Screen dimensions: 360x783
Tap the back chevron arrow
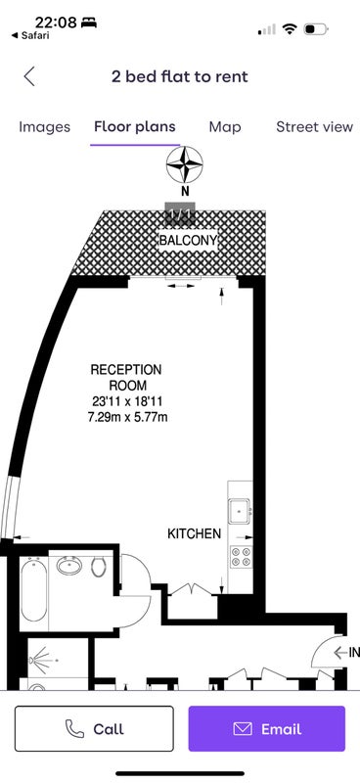click(x=29, y=77)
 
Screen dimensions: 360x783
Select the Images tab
click(x=44, y=127)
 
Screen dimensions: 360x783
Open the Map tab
click(x=225, y=127)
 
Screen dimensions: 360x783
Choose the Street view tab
click(x=315, y=127)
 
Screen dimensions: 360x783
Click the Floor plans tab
click(x=135, y=127)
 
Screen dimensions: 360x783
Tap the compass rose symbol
click(x=185, y=164)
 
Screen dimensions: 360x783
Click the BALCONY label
click(x=188, y=241)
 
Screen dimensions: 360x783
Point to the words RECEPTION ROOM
click(x=126, y=378)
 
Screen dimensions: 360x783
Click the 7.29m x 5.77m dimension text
click(x=127, y=417)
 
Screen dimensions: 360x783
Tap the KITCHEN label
click(x=194, y=533)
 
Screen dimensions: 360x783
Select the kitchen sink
click(x=241, y=512)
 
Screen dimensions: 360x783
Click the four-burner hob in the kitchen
click(x=242, y=557)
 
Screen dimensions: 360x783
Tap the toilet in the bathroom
click(x=99, y=567)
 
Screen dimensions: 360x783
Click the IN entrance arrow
click(x=341, y=652)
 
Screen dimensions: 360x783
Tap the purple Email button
click(x=267, y=728)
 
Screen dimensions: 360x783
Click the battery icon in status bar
click(x=316, y=29)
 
